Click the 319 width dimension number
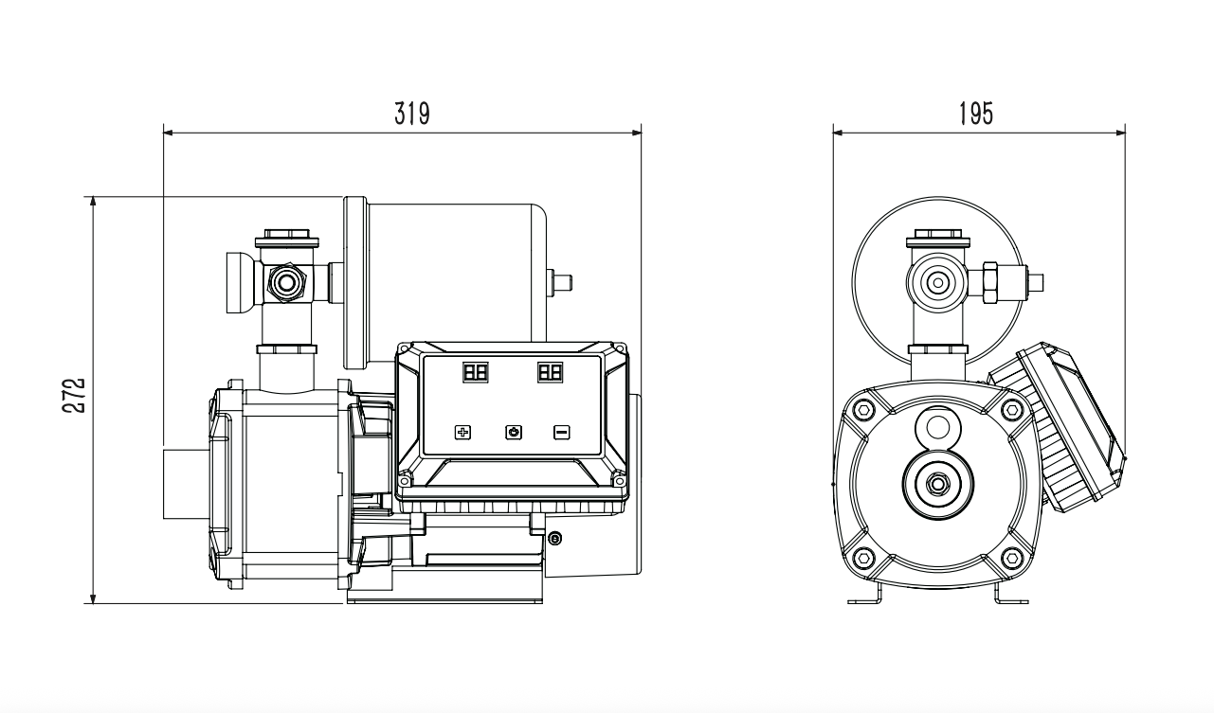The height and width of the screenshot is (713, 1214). pos(412,114)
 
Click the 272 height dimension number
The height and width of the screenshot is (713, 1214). pos(74,395)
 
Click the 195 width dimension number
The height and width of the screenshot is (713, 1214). pos(976,114)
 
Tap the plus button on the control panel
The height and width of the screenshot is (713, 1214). pos(462,432)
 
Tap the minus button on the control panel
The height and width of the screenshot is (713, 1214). pos(561,432)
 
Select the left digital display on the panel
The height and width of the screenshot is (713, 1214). pos(476,372)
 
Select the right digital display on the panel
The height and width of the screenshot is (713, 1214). pos(550,372)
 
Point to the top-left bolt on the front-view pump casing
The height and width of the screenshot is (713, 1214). pos(863,409)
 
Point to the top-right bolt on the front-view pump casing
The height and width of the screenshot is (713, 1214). pos(1012,409)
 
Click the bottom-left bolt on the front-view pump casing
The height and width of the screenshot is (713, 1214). pos(863,557)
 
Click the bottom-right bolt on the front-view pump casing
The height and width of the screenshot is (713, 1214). pos(1012,557)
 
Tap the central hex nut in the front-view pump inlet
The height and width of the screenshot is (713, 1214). pos(937,484)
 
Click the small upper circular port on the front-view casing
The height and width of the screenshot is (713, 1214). pos(937,428)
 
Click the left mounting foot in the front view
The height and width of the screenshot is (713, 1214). pos(864,595)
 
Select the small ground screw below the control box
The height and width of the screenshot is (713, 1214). pos(554,538)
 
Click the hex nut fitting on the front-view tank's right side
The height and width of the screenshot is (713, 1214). pos(990,282)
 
